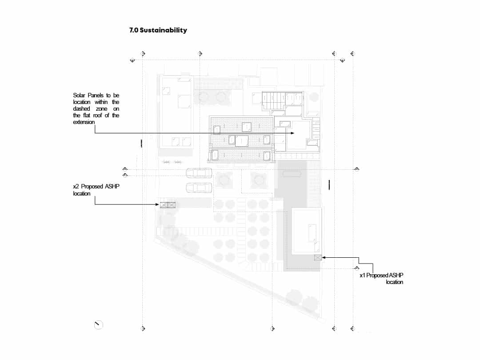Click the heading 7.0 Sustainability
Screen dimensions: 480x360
[x=158, y=30]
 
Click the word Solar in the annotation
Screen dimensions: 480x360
[x=79, y=95]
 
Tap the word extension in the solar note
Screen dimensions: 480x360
[x=84, y=122]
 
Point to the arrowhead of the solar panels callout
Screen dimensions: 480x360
[x=292, y=133]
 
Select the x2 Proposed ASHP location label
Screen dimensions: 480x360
[x=96, y=190]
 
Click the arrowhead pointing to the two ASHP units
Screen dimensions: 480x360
[x=157, y=204]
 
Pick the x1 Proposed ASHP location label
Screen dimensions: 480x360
[x=381, y=279]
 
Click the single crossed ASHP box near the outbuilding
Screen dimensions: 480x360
[x=318, y=258]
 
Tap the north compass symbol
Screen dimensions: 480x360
[x=98, y=324]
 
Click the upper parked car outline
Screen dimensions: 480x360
[x=199, y=173]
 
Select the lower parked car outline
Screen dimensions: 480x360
[x=199, y=188]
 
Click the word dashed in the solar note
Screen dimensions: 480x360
[x=81, y=109]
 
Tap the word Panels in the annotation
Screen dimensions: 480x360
[x=96, y=95]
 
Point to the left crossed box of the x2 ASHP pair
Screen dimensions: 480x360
[x=164, y=205]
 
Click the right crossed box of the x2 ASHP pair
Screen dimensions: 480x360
[x=172, y=205]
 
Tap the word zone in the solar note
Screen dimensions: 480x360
[x=102, y=109]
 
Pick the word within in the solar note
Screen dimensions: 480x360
[x=101, y=102]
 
